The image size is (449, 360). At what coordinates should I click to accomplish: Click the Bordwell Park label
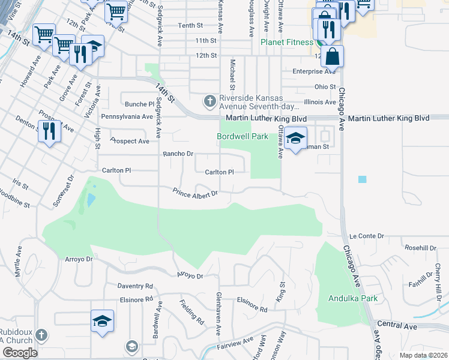pos(243,136)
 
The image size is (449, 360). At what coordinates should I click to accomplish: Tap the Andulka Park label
pos(353,298)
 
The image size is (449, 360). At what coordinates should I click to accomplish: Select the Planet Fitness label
pos(287,42)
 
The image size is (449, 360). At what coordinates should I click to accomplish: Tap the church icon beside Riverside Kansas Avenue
pos(209,100)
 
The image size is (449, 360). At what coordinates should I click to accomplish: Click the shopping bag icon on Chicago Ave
pos(332,58)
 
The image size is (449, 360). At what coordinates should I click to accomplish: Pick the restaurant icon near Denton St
pos(49,131)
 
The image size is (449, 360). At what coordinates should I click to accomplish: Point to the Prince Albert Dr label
pos(194,193)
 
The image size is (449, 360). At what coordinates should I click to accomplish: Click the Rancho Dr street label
pos(178,154)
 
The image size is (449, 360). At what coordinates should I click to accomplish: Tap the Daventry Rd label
pos(135,286)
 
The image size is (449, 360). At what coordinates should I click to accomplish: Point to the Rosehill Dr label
pos(420,248)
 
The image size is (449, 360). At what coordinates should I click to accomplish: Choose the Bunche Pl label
pos(137,103)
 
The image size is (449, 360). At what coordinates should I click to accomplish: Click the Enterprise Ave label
pos(314,71)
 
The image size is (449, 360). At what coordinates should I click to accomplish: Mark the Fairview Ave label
pos(234,343)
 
